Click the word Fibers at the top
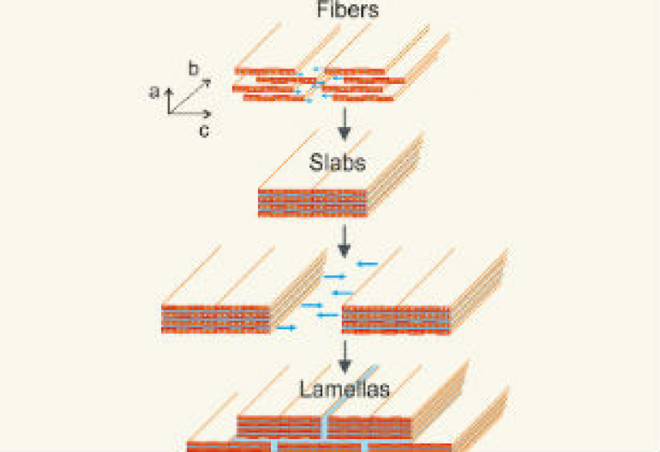click(348, 9)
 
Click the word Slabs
click(337, 163)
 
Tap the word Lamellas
click(345, 389)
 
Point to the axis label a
click(154, 92)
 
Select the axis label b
click(193, 69)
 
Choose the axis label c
click(204, 131)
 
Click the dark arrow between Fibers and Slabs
click(345, 124)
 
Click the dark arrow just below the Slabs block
click(345, 240)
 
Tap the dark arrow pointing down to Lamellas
click(345, 357)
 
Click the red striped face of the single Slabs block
click(312, 203)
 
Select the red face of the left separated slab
click(215, 319)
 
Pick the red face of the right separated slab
click(396, 320)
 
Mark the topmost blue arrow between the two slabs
click(368, 264)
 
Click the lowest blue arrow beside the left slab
click(286, 328)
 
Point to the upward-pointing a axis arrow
click(169, 100)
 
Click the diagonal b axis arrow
click(189, 96)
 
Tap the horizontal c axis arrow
click(189, 113)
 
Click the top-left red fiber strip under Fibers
click(265, 72)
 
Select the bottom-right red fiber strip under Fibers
click(363, 99)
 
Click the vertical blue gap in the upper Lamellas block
click(325, 427)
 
